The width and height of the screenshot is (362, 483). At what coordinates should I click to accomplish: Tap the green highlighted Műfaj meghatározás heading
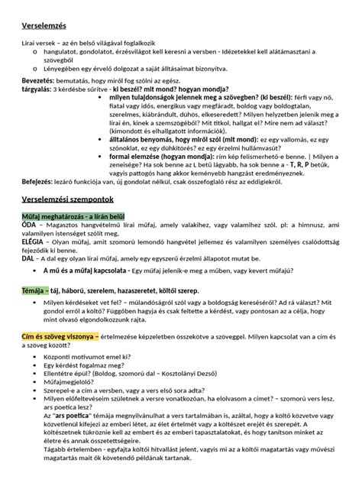[67, 216]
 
